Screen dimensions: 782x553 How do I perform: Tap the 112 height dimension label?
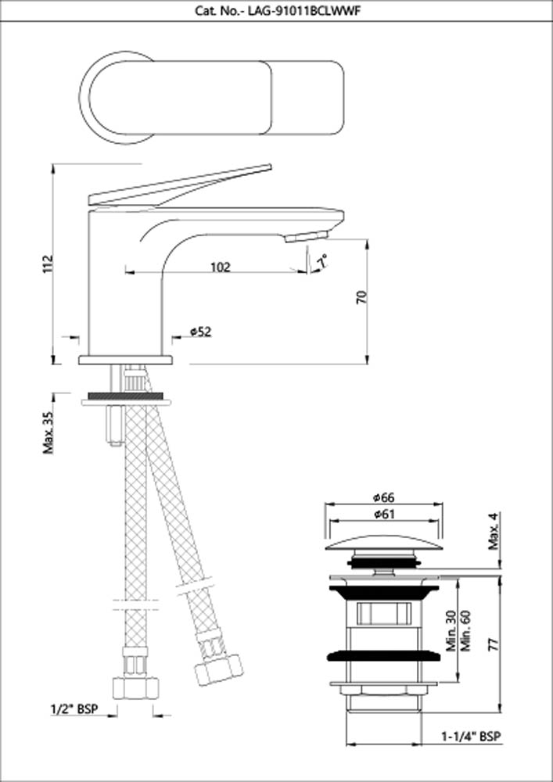(48, 264)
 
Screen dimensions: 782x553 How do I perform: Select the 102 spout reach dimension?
(221, 267)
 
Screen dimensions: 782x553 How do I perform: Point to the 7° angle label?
(322, 260)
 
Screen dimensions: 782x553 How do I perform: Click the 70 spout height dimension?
(361, 297)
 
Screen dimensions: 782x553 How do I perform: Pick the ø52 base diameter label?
(200, 332)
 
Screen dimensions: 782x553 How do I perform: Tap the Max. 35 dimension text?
(48, 432)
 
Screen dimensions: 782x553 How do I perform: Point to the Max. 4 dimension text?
(493, 533)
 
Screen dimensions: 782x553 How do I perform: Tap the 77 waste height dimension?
(491, 645)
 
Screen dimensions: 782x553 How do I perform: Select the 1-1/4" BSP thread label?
(470, 737)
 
